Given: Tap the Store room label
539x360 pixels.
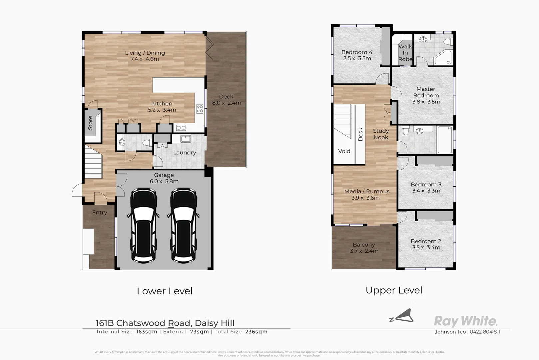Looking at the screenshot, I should (x=90, y=123).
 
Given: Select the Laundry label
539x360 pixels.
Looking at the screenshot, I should (x=185, y=153).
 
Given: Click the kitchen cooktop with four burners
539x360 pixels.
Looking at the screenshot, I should (x=200, y=109).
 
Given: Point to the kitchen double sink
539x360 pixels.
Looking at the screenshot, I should (x=181, y=128).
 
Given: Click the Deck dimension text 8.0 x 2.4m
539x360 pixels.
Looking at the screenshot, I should (x=227, y=103).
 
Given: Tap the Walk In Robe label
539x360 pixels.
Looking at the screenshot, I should (x=405, y=53).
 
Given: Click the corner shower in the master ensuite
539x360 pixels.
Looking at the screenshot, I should (x=443, y=58).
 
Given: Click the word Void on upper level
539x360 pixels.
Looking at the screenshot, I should (x=344, y=151).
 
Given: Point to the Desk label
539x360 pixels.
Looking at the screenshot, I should (x=360, y=134).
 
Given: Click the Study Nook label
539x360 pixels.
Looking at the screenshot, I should (x=381, y=134).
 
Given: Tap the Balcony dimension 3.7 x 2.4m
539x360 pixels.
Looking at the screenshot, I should (x=364, y=251).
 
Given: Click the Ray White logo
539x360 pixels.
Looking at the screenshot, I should (x=465, y=321).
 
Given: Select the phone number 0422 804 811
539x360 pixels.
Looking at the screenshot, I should (x=485, y=332).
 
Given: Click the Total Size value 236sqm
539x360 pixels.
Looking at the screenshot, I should (x=256, y=332).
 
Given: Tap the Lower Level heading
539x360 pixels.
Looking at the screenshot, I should (x=165, y=291).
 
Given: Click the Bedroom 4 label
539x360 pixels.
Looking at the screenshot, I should (x=357, y=52).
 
